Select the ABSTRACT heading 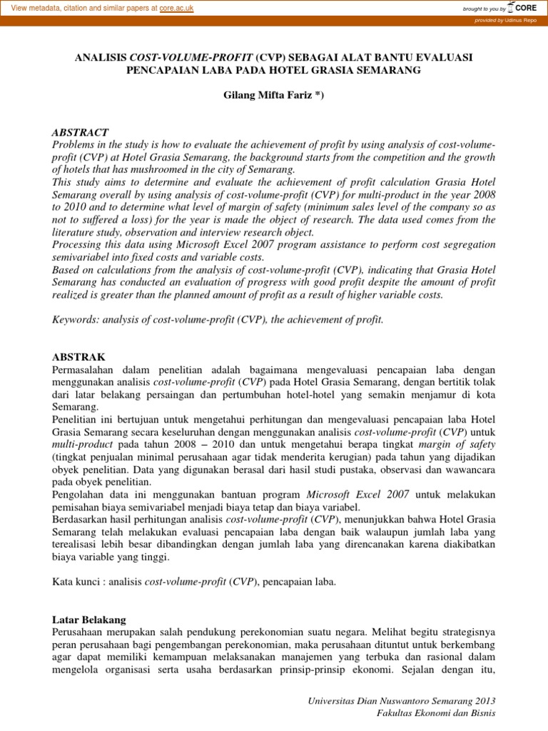tap(81, 133)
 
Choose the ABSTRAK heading tap(78, 356)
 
